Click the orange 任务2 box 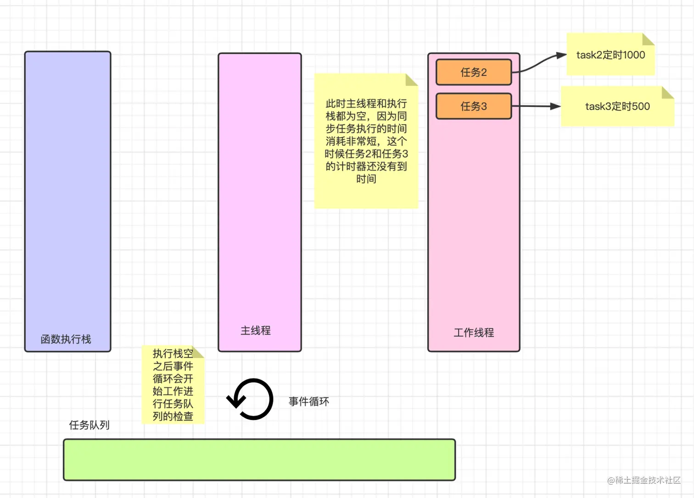click(473, 72)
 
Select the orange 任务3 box click(473, 106)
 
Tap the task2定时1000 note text click(610, 55)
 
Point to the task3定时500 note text click(617, 106)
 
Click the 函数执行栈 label click(66, 339)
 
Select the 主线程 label click(256, 330)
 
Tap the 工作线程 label click(474, 333)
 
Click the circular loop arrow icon click(251, 399)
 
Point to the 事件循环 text click(308, 402)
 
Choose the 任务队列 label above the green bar click(89, 425)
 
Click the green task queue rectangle click(259, 460)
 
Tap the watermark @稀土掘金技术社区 click(644, 480)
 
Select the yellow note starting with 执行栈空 click(173, 385)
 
